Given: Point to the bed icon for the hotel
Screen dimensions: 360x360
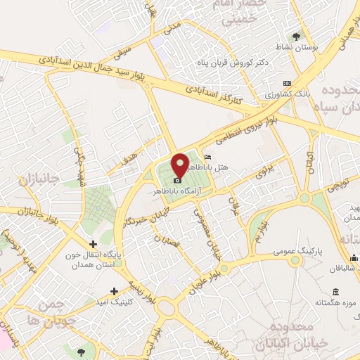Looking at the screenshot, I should pos(206,157).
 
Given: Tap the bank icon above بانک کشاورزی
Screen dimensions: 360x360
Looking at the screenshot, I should pos(286,82).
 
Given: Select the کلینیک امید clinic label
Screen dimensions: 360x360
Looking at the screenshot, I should pos(113,301).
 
